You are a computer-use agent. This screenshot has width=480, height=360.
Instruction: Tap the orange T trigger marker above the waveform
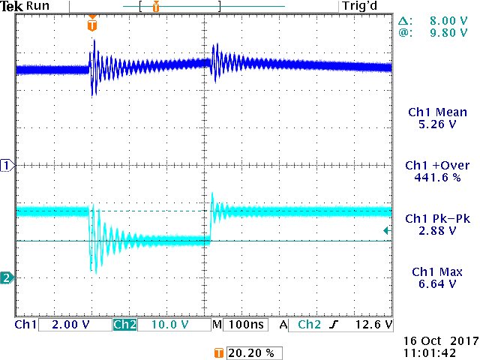pyautogui.click(x=92, y=24)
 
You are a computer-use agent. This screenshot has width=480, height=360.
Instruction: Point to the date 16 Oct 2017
pyautogui.click(x=435, y=340)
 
